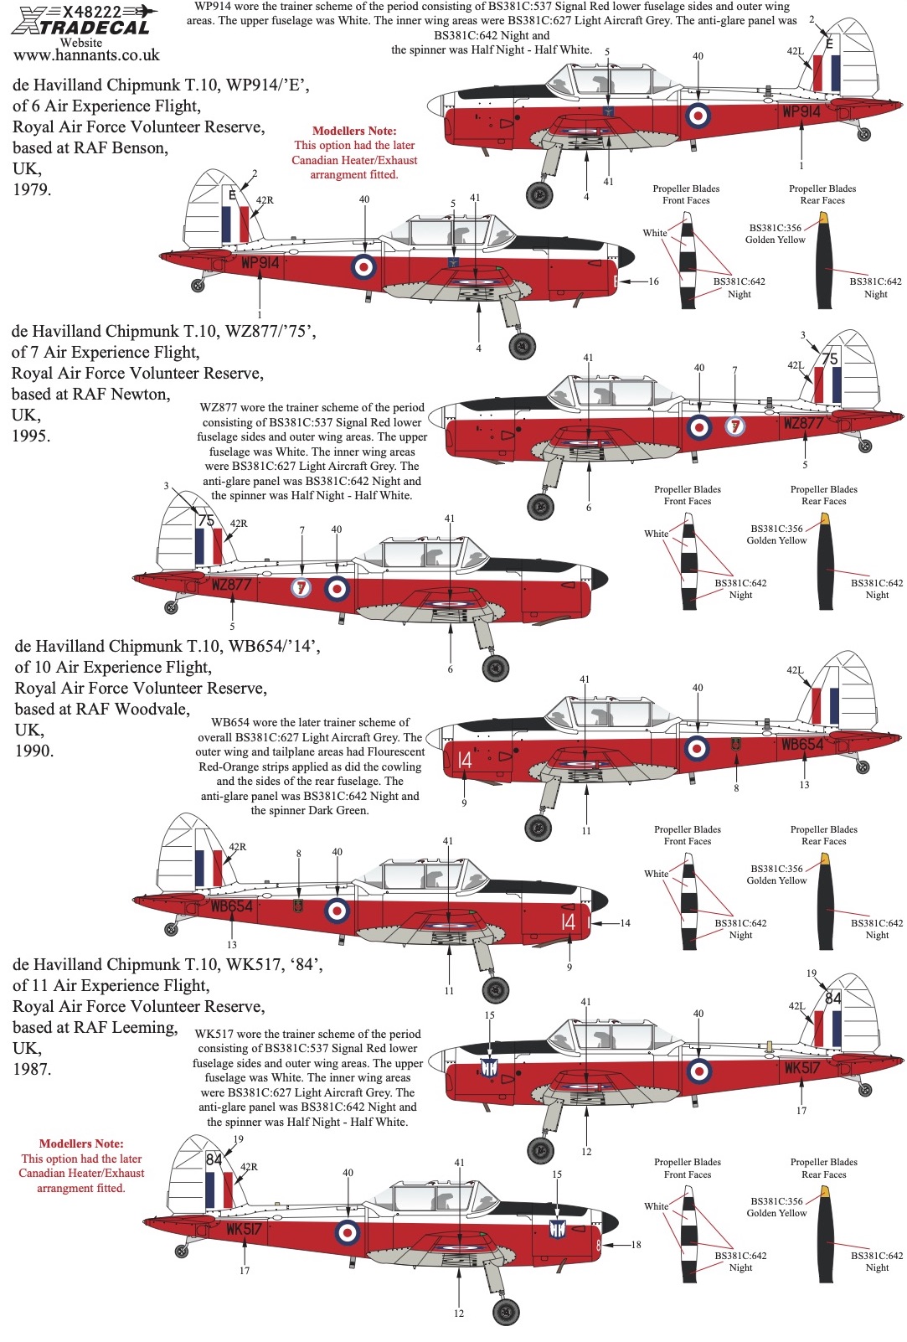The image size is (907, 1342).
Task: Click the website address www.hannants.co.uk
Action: [86, 55]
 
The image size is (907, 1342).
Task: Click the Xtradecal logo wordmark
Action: [81, 27]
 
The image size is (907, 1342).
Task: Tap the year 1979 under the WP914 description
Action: [32, 189]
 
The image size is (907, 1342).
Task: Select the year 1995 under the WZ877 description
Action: [31, 436]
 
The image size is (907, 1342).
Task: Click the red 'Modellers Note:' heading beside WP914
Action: [354, 131]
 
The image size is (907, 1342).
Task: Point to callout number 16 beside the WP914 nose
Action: [653, 281]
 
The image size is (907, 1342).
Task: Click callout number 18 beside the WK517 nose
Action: [636, 1245]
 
